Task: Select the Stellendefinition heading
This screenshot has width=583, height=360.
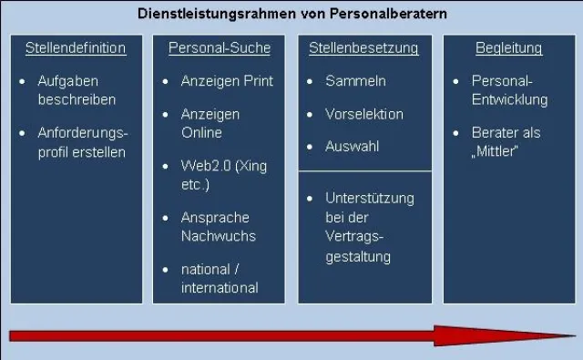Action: [x=76, y=48]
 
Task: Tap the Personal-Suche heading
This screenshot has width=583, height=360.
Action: [x=220, y=48]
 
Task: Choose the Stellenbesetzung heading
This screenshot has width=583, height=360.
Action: [x=363, y=48]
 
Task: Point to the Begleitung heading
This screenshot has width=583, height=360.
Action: [x=508, y=48]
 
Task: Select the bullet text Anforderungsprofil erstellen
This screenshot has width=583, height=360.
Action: [x=82, y=142]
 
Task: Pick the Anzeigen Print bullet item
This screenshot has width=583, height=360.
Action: [x=227, y=81]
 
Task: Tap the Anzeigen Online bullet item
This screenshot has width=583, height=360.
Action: [x=210, y=124]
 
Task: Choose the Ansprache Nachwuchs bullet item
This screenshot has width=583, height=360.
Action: [x=218, y=227]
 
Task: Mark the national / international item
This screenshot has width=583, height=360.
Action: [x=219, y=279]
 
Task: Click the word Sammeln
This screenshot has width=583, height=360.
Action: [x=355, y=81]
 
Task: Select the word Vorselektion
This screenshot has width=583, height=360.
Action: [x=364, y=115]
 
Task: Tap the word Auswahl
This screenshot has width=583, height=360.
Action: [x=353, y=147]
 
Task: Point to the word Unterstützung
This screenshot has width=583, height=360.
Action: [x=370, y=198]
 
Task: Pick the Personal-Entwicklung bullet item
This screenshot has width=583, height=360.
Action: [x=509, y=90]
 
